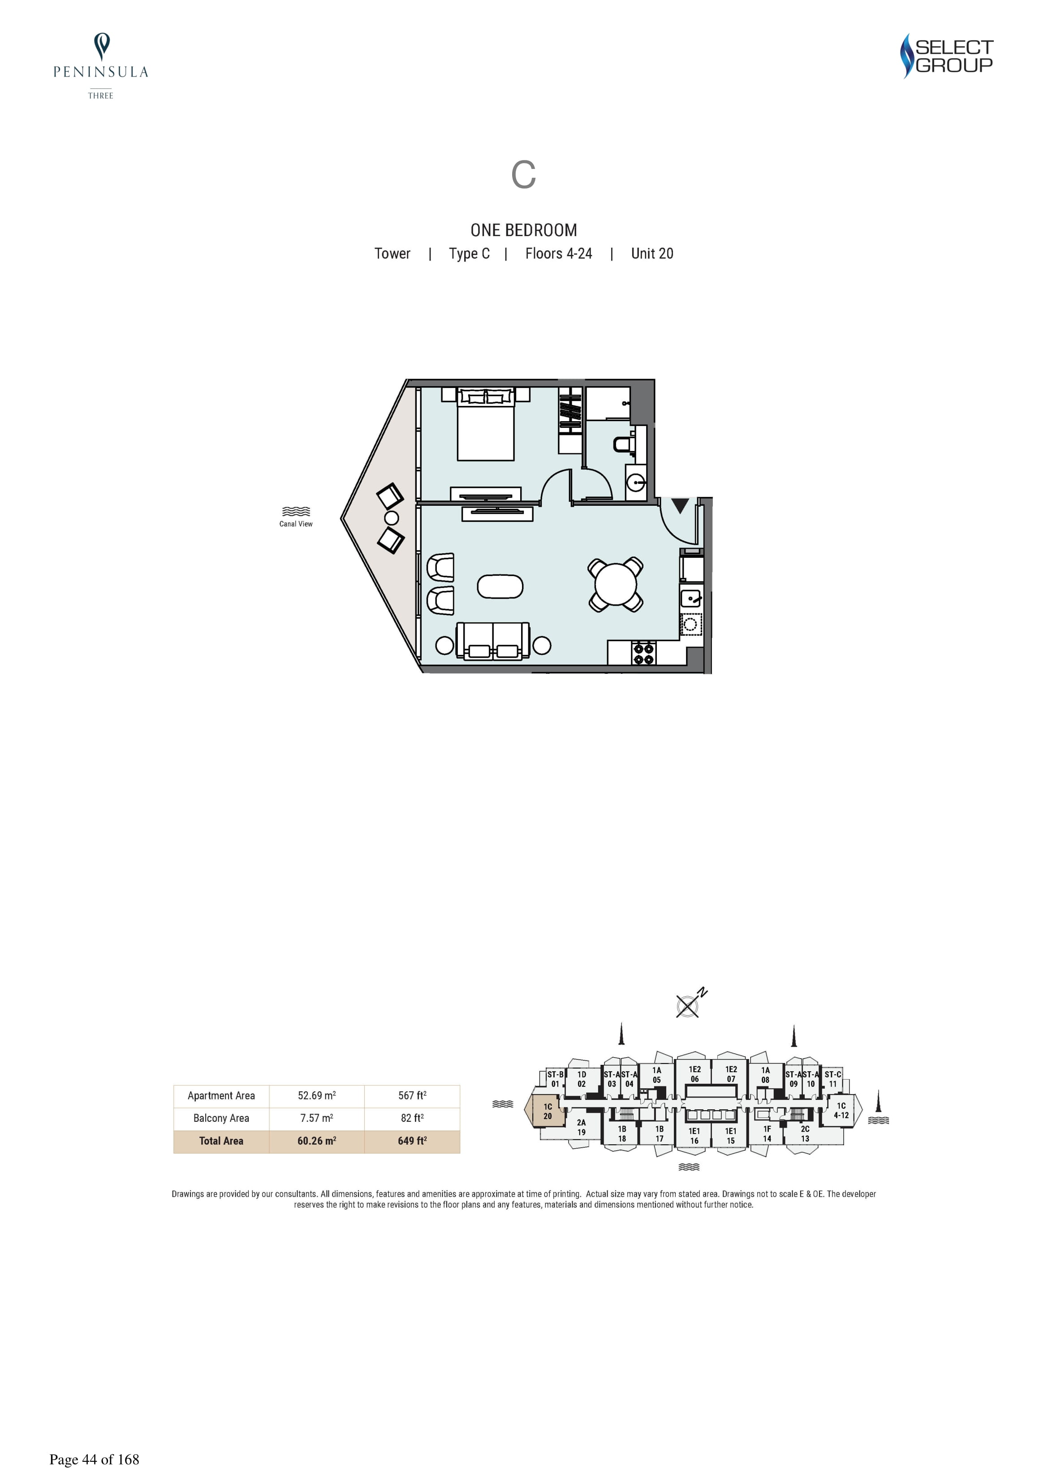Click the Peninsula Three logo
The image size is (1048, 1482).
tap(101, 66)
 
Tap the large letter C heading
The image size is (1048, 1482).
tap(524, 174)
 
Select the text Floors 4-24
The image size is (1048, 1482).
tap(559, 254)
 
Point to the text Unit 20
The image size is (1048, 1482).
tap(652, 254)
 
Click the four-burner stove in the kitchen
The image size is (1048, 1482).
tap(644, 653)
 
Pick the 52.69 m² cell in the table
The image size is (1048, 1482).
tap(316, 1095)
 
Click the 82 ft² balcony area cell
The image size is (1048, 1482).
tap(412, 1118)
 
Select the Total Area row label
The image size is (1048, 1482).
tap(221, 1141)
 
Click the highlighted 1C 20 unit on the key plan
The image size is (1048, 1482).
tap(547, 1111)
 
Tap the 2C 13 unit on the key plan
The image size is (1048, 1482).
tap(805, 1134)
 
